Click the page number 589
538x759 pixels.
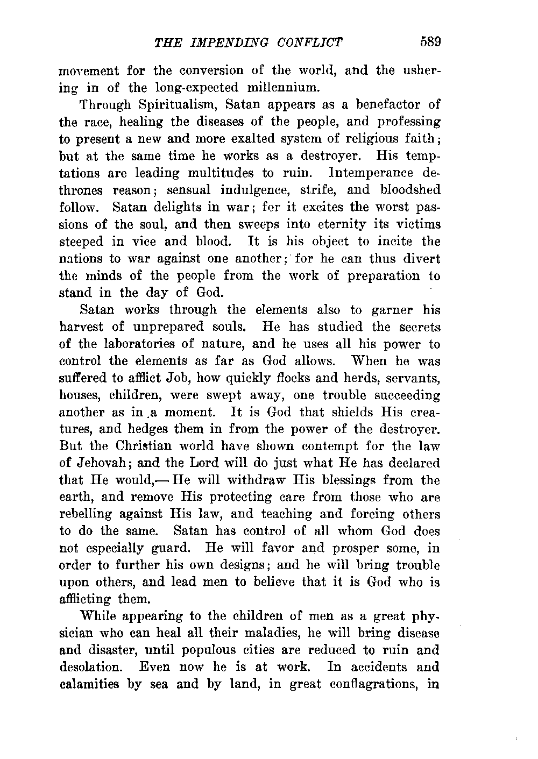coord(430,42)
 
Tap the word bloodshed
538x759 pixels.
coord(409,190)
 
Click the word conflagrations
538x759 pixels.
coord(372,684)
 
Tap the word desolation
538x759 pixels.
coord(89,667)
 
